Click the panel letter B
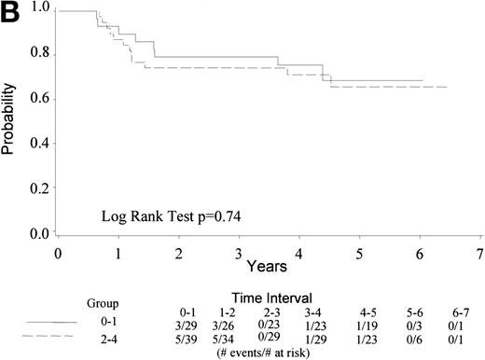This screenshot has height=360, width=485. (12, 13)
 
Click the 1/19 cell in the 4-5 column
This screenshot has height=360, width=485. (368, 321)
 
